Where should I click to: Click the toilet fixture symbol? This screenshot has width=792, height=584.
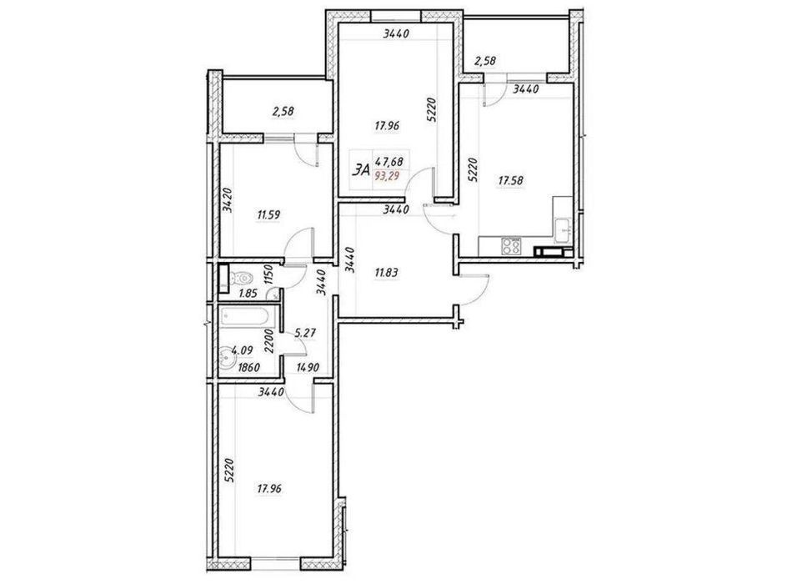click(x=242, y=278)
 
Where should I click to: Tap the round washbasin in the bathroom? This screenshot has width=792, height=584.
click(x=226, y=358)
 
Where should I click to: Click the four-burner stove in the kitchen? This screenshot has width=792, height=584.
click(x=511, y=246)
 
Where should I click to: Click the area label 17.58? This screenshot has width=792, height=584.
click(x=511, y=180)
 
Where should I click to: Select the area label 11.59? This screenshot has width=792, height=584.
click(x=268, y=215)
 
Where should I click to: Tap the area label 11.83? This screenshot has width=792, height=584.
click(x=386, y=273)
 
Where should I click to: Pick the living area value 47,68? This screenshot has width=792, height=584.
click(x=388, y=162)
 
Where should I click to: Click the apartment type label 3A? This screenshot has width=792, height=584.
click(x=362, y=170)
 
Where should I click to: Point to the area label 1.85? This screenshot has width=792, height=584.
click(x=248, y=293)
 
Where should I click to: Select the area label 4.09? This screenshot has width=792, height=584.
click(x=242, y=349)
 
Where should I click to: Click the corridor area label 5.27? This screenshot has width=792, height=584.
click(x=305, y=333)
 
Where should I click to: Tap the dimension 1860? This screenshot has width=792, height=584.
click(x=248, y=368)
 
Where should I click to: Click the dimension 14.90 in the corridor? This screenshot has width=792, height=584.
click(x=307, y=368)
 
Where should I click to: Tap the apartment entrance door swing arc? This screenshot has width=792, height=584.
click(x=480, y=294)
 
